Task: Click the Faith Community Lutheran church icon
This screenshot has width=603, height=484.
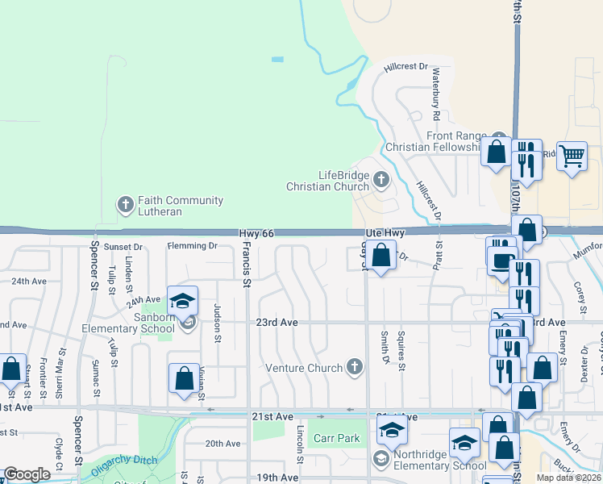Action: [125, 205]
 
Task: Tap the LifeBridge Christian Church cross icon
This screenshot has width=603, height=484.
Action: [382, 179]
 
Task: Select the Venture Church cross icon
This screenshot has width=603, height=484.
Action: [353, 367]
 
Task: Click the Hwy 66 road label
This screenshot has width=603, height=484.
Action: [257, 233]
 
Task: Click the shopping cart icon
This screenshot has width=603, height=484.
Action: [572, 155]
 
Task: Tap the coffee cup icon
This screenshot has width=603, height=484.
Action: [501, 261]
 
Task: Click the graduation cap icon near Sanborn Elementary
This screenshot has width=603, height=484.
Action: [183, 301]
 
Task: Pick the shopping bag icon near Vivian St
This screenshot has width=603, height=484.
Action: [184, 378]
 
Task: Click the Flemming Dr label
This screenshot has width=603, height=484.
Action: [192, 246]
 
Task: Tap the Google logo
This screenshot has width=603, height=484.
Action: [27, 474]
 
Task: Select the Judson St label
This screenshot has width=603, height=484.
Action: [217, 323]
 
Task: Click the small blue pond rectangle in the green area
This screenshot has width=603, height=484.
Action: [278, 59]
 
